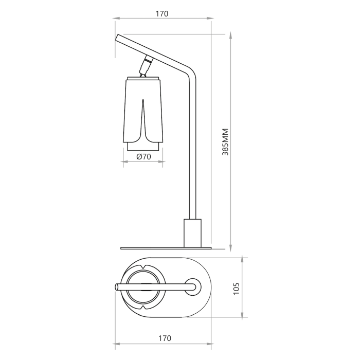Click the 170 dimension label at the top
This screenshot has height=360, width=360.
click(x=162, y=14)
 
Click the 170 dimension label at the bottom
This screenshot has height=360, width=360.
click(x=165, y=338)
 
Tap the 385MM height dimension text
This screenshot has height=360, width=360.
click(x=225, y=142)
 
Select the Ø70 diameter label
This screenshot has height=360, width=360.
click(x=143, y=156)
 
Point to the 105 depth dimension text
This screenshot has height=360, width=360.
click(x=236, y=289)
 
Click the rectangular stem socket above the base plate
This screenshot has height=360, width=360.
click(x=193, y=233)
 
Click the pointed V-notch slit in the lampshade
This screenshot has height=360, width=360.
click(x=143, y=119)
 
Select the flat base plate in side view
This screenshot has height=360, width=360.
click(x=166, y=248)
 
